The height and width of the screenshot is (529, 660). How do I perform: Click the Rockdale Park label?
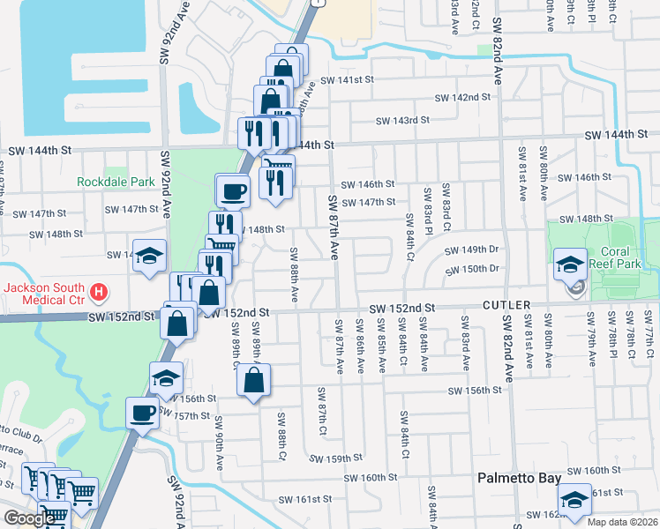pos(116,182)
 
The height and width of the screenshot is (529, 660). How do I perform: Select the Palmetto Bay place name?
pos(519,478)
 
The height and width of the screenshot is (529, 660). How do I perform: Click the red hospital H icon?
pos(100,290)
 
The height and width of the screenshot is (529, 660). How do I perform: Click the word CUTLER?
pos(506,305)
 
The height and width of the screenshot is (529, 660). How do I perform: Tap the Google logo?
pos(28,518)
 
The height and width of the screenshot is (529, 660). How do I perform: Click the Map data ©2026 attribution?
pos(623,522)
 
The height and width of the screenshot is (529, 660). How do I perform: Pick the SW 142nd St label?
pos(462,97)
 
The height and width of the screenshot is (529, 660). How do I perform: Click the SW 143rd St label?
pos(401,120)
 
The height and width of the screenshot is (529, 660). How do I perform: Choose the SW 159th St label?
pos(336,458)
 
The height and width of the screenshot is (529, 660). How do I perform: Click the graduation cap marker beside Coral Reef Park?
pos(569,264)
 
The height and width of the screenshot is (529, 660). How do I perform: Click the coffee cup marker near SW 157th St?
pos(143,412)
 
